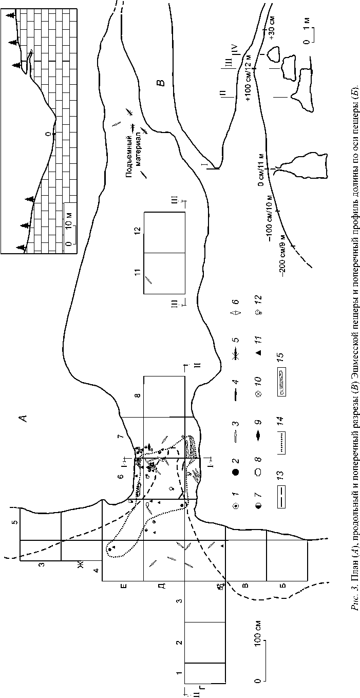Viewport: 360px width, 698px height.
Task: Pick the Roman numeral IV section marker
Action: [x=234, y=50]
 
